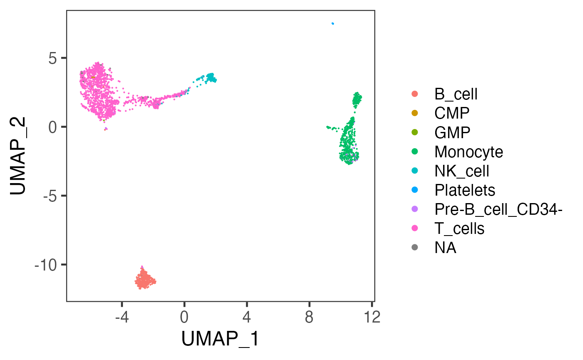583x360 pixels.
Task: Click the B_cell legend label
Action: click(x=456, y=94)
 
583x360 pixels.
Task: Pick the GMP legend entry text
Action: click(x=452, y=132)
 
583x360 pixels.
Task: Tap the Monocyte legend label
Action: click(x=468, y=151)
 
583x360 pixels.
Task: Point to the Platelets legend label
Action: click(x=465, y=190)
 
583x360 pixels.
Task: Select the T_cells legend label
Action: click(x=459, y=228)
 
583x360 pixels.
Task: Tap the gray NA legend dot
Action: click(x=415, y=247)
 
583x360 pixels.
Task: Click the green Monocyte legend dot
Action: click(x=415, y=151)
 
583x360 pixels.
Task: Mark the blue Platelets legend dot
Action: click(x=415, y=190)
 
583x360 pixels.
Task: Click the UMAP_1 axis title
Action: click(x=220, y=339)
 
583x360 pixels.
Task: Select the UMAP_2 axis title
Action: click(x=19, y=156)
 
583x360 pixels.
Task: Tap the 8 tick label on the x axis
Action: click(x=309, y=318)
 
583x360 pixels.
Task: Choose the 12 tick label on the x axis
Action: click(x=371, y=318)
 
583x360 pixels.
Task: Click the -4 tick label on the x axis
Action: click(x=121, y=318)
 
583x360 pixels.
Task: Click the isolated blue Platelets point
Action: click(x=332, y=23)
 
